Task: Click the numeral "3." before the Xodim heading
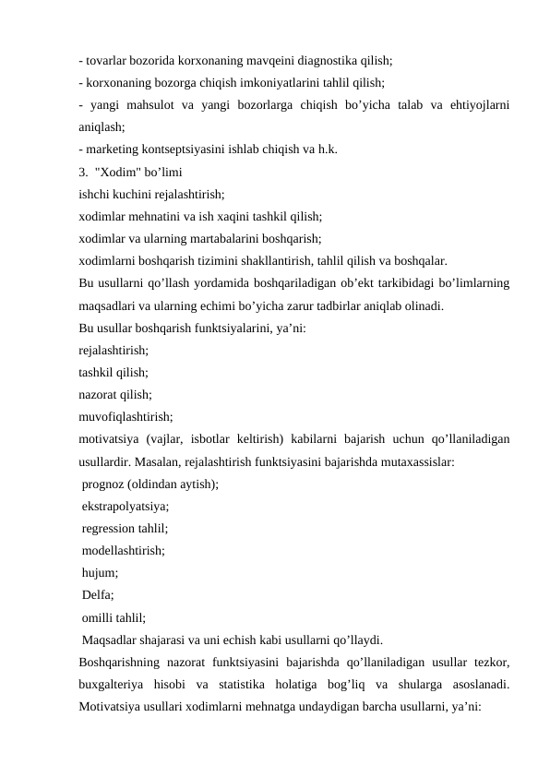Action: point(84,173)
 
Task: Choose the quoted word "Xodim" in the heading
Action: point(115,173)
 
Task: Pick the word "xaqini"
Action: point(241,217)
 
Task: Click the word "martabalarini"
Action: point(199,238)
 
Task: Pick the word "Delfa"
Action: point(96,596)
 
